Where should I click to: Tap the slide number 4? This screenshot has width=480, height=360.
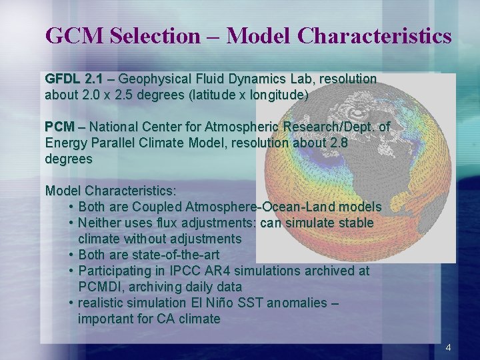(x=448, y=347)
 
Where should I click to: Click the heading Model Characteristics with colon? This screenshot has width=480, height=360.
(x=111, y=191)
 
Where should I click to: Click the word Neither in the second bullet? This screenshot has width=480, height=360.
(x=99, y=223)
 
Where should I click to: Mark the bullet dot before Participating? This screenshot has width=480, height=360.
(x=71, y=271)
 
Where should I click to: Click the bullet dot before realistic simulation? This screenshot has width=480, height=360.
(x=71, y=303)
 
